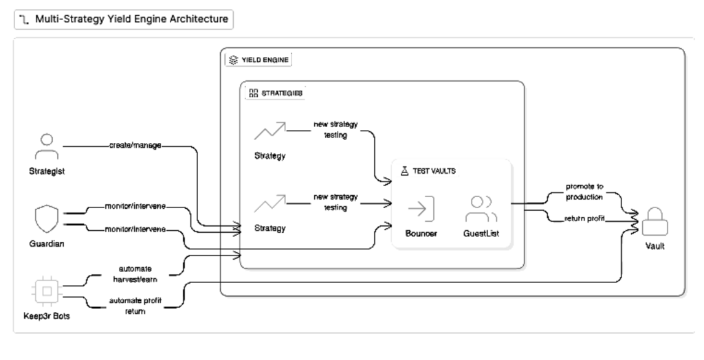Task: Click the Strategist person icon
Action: click(47, 146)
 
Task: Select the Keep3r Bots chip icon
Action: click(47, 291)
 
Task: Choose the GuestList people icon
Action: click(481, 207)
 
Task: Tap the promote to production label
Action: click(584, 192)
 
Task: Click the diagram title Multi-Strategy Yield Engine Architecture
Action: click(124, 19)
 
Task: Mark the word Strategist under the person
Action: click(47, 172)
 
